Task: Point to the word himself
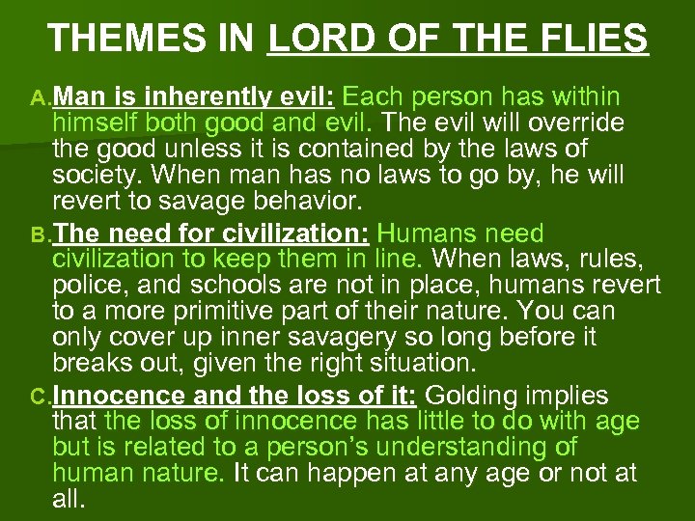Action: [x=100, y=124]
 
